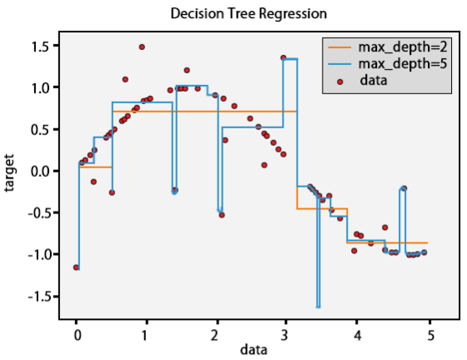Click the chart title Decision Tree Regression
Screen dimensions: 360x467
click(248, 14)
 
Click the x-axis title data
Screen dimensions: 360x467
click(254, 350)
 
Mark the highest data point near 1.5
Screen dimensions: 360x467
click(142, 47)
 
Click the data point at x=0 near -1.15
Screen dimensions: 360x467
click(76, 267)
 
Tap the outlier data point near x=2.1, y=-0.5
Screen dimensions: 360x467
click(222, 215)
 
